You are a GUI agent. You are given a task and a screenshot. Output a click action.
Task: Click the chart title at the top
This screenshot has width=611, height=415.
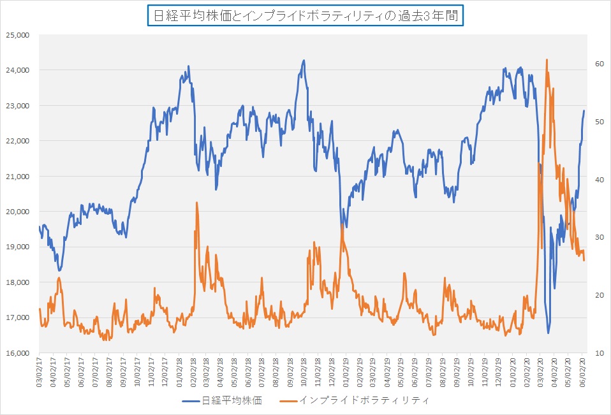(305, 15)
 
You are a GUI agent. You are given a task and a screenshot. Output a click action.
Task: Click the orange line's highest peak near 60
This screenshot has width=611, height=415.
(547, 60)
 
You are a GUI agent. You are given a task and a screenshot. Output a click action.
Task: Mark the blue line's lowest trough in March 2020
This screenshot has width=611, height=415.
(548, 333)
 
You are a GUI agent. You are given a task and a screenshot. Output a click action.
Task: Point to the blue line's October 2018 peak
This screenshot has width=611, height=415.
(304, 61)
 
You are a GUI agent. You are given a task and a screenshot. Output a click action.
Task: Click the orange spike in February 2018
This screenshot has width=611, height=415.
(196, 203)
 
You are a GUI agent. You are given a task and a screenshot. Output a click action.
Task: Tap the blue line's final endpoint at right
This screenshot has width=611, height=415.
(584, 111)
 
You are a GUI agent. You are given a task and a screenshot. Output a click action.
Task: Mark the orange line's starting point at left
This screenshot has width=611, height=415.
(40, 309)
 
